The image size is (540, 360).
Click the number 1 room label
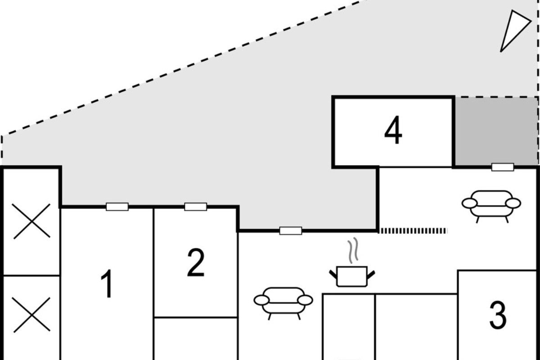coord(107,284)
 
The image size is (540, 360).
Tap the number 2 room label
coord(195,263)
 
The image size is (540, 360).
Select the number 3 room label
coord(498,315)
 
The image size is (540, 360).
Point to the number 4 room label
coord(393,130)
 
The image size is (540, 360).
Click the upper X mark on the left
coord(31,221)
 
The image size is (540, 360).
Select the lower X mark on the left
coord(31,315)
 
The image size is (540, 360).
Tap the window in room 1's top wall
coord(117,207)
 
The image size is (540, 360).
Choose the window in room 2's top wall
coord(195,207)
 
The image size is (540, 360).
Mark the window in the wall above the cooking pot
coord(291,231)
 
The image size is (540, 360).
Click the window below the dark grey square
coord(503,167)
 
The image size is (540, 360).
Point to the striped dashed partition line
coord(413,231)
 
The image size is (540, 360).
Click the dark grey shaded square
coord(496,132)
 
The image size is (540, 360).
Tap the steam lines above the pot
coord(353,251)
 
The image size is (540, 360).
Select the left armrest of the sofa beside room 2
coord(262,300)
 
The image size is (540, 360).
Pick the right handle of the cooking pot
coord(371,274)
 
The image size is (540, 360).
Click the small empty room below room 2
coord(195,339)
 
